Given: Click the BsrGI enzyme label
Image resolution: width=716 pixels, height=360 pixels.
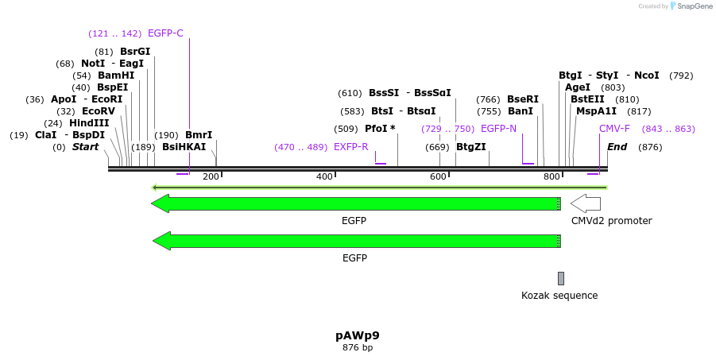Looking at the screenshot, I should [x=135, y=52].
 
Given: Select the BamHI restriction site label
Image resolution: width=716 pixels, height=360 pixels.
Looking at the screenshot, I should [x=116, y=75].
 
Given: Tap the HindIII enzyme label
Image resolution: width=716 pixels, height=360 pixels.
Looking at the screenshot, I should [x=89, y=123].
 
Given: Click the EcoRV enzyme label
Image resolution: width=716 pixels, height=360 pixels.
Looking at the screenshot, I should [x=99, y=111].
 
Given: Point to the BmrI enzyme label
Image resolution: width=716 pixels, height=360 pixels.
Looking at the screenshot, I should [x=199, y=135].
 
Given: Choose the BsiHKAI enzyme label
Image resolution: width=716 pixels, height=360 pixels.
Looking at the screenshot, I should [x=184, y=147].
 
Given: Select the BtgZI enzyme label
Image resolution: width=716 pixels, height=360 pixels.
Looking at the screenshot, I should [x=471, y=147].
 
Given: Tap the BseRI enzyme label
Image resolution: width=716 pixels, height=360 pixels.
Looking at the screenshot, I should [x=523, y=99].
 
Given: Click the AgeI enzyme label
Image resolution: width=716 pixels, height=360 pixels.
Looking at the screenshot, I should [x=578, y=87].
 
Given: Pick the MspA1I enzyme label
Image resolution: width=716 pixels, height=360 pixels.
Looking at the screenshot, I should [x=596, y=111].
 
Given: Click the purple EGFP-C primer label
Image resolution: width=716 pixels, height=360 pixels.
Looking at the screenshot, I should [x=165, y=33].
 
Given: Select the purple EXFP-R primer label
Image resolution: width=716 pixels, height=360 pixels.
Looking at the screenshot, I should [x=350, y=147].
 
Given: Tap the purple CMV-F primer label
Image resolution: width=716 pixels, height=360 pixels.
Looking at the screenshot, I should [x=614, y=129].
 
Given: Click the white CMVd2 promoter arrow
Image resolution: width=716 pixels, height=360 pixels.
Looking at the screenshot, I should [x=586, y=203].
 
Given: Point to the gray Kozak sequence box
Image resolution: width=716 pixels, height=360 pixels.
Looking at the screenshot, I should [x=561, y=278].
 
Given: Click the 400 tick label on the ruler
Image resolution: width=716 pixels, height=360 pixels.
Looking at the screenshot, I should [x=324, y=176].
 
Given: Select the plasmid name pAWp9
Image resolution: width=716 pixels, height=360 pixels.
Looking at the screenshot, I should [x=358, y=335].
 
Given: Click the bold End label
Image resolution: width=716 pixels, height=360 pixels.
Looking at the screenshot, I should [x=617, y=147].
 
